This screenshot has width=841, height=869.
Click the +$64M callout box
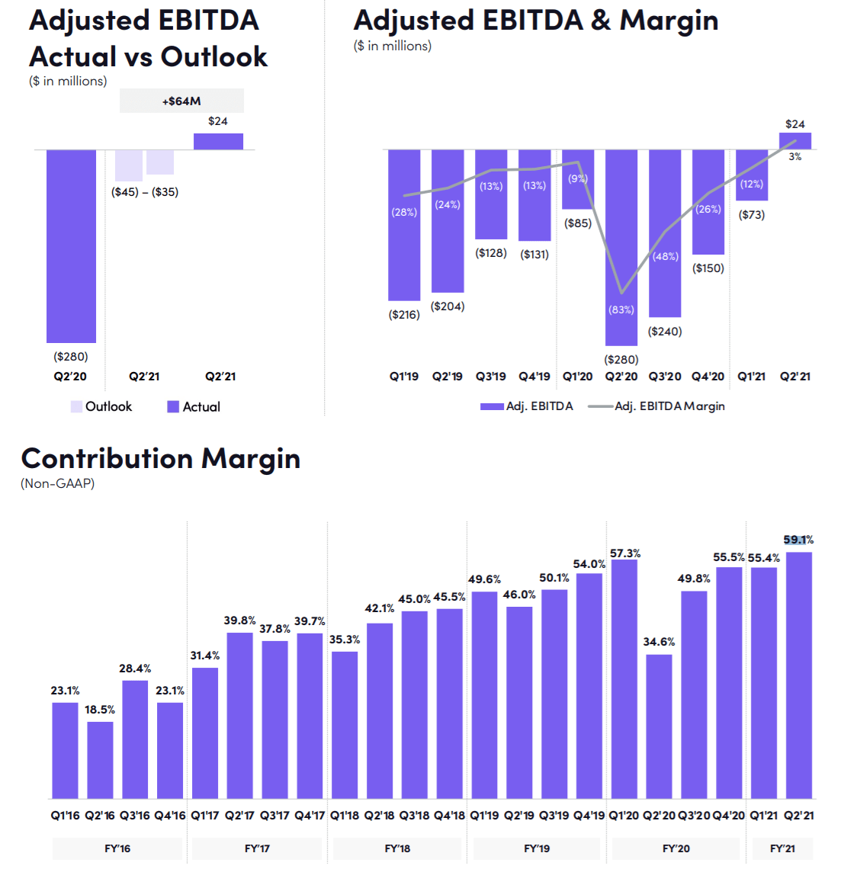(181, 101)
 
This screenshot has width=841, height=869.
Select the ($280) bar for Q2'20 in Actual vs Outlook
(71, 245)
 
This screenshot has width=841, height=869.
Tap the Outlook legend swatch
(76, 406)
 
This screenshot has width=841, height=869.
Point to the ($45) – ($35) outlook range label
(145, 192)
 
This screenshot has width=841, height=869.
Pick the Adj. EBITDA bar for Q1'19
(404, 225)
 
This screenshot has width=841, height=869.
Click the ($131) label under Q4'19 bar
(534, 255)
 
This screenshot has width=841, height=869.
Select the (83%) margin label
(621, 309)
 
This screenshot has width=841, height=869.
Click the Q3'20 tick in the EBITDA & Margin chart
(665, 377)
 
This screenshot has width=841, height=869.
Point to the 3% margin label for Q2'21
(794, 157)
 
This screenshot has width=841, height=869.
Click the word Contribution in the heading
(107, 459)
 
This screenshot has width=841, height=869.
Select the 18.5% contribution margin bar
(100, 759)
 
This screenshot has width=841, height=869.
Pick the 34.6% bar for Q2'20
(659, 726)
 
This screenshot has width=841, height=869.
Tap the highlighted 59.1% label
(798, 540)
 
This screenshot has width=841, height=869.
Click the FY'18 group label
(397, 848)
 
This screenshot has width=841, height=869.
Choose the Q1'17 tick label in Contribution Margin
(205, 816)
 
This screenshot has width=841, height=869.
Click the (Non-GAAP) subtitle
(57, 483)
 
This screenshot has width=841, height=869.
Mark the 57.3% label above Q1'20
(625, 553)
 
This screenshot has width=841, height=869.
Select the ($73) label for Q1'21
(752, 215)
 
